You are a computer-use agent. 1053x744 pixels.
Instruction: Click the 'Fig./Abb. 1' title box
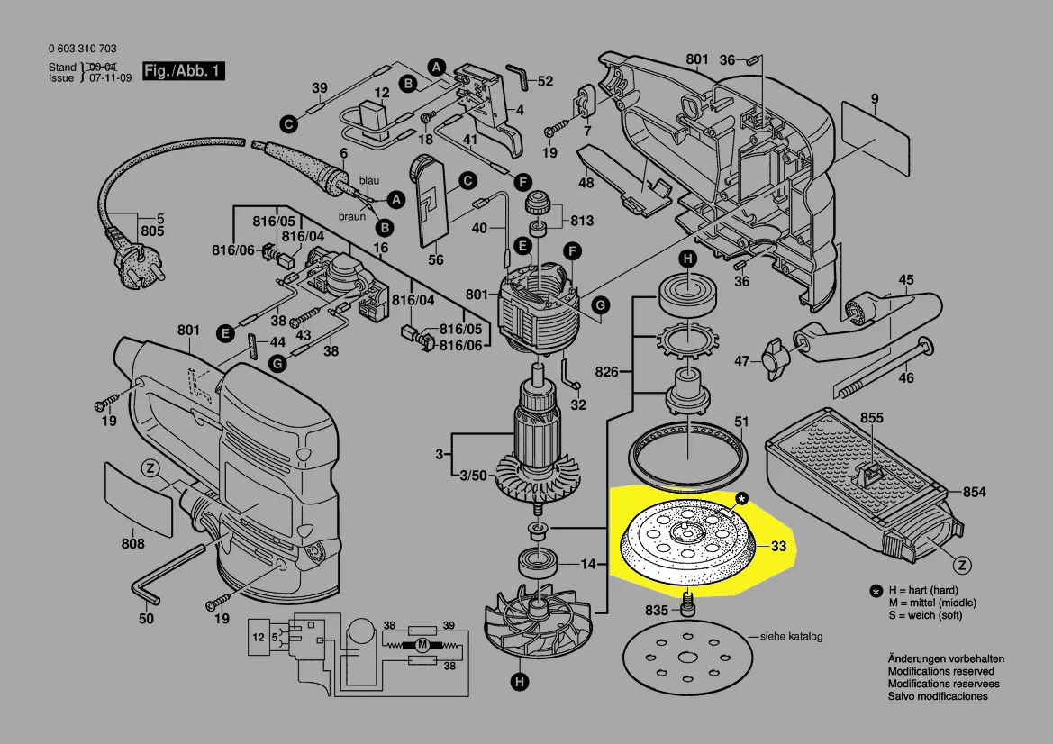click(184, 70)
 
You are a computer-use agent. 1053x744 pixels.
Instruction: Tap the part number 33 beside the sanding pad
click(777, 546)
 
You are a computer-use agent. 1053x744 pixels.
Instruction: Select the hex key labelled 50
click(168, 574)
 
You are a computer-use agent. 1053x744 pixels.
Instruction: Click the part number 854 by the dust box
click(974, 492)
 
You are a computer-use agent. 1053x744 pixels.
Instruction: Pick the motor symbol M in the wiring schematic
click(422, 645)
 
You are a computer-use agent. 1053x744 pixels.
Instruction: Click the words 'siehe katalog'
click(791, 636)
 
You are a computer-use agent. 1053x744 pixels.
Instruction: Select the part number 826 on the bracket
click(606, 371)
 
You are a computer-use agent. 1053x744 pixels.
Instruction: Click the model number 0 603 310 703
click(83, 49)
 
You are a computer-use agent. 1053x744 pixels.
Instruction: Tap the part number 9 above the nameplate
click(875, 99)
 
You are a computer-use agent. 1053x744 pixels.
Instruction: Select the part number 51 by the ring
click(740, 422)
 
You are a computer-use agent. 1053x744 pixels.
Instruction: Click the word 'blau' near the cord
click(368, 180)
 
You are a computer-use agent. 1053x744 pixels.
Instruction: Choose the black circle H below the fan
click(519, 682)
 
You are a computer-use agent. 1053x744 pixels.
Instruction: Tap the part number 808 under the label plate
click(133, 542)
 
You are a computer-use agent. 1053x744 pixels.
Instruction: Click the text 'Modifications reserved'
click(940, 671)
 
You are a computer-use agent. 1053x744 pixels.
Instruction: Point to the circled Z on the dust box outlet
click(962, 565)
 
